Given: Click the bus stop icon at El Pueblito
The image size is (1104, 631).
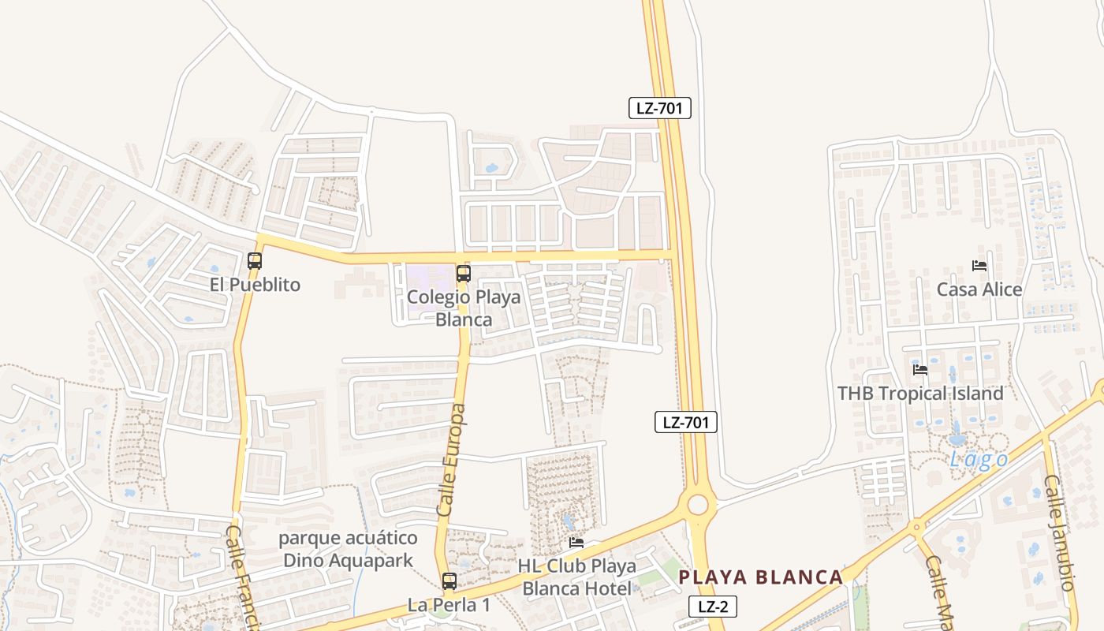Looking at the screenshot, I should pos(254,260).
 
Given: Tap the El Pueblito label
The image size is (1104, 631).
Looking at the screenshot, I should pos(255,285).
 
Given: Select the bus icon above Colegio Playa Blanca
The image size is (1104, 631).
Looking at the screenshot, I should pos(464,274).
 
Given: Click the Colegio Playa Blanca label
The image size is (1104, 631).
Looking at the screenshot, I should pos(464,308).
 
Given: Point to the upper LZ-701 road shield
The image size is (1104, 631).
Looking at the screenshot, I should pos(659,108).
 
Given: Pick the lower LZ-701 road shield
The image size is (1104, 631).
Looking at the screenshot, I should pos(685,422).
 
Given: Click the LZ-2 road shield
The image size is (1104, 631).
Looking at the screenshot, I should pos(712,607).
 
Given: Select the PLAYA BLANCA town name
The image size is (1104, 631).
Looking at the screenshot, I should pos(761,577).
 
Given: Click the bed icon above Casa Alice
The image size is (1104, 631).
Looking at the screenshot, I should pos(979,266).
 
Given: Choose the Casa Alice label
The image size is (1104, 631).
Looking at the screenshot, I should pos(979,289).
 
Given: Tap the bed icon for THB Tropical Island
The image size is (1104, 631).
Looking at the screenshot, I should pos(919,369).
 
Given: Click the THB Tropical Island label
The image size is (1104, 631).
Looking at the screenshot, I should pos(920,393).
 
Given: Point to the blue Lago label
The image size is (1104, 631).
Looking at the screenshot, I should pos(978,460).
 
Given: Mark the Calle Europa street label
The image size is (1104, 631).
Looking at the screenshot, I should pos(451,461).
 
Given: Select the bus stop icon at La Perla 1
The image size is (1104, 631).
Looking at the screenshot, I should pos(449,581).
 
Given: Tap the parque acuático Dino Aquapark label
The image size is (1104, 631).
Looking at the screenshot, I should pos(348,550).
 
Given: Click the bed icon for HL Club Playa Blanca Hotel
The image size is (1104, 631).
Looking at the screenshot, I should pos(576,543).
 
